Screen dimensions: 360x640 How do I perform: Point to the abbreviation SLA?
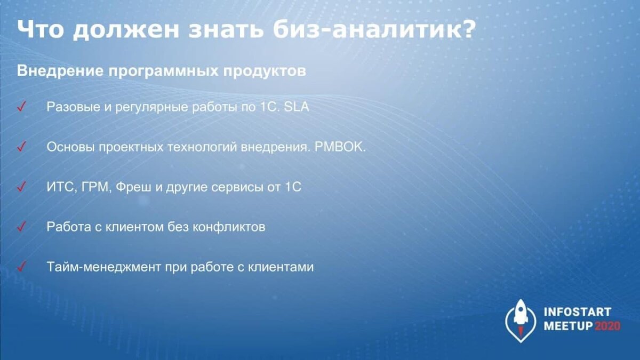pos(297,107)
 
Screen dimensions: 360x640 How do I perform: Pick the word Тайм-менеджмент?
pos(100,267)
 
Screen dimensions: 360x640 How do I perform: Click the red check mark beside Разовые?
pos(22,107)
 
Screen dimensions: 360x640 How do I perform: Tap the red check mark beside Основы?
pos(22,147)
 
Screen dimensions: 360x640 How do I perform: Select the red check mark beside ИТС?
pos(22,187)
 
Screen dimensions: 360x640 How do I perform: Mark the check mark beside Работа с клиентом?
pos(22,226)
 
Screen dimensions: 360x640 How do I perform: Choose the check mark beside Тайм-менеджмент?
pos(22,266)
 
